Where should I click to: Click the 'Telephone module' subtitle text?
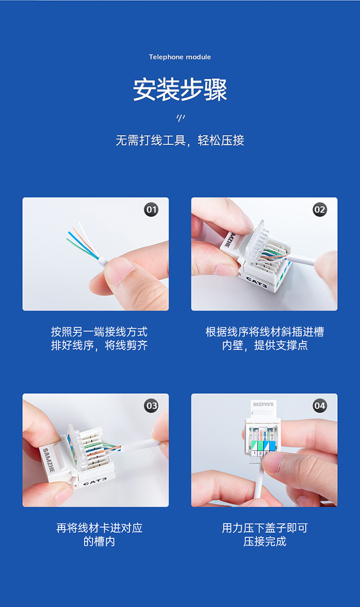pos(180,57)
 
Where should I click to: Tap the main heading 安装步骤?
pos(180,90)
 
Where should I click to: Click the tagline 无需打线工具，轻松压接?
pos(180,141)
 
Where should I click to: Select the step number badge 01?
pos(151,210)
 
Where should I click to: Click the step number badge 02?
pos(320,210)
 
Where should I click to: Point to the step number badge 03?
pos(151,405)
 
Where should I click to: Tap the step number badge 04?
pos(320,405)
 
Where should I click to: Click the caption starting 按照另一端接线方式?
pos(99,338)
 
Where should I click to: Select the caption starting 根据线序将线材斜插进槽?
pos(264,338)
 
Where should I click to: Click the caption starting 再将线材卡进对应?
pos(99,535)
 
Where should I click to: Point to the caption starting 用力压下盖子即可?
pos(264,535)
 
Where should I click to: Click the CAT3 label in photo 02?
pos(256,282)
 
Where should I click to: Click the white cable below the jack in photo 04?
pos(259,485)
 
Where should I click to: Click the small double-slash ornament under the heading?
pos(180,118)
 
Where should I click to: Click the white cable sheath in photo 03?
pos(141,445)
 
